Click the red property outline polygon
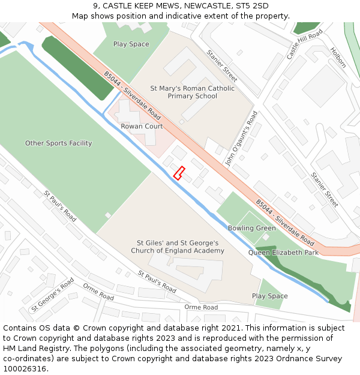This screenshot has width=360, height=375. (178, 173)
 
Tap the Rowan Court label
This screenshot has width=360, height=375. (142, 127)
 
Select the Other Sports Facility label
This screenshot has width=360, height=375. (58, 143)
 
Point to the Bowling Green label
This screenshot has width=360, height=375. (252, 228)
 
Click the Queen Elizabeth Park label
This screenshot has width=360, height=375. (283, 253)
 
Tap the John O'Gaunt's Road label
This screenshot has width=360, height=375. (241, 138)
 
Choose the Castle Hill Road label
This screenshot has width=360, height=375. (304, 43)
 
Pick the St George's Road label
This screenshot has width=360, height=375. (53, 294)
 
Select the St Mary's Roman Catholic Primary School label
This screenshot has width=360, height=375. (184, 92)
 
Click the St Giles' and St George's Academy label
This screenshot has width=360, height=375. (178, 247)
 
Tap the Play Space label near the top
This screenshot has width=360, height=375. (131, 44)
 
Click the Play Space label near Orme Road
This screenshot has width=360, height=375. (269, 296)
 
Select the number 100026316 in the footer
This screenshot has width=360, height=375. (26, 368)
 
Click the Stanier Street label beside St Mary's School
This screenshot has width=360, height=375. (222, 65)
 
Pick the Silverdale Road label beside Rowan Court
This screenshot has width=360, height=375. (133, 95)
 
